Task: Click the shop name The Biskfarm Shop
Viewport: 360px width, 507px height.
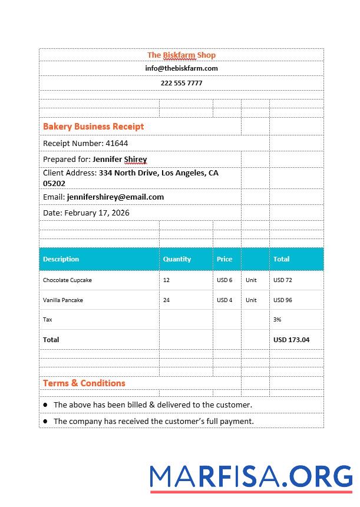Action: tap(181, 55)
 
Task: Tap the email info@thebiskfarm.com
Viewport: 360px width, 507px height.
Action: tap(181, 68)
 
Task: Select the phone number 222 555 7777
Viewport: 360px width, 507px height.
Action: tap(181, 83)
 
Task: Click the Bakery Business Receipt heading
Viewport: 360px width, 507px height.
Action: tap(93, 126)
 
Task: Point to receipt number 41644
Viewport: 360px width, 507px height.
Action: tap(117, 143)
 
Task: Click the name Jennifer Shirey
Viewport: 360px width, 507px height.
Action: tap(120, 159)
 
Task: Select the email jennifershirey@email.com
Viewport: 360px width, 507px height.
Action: tap(115, 197)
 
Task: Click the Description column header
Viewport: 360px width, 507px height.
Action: tap(61, 259)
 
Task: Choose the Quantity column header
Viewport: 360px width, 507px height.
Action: tap(177, 259)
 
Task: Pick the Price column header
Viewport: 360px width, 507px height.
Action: tap(224, 259)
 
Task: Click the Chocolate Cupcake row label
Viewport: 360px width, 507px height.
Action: tap(67, 280)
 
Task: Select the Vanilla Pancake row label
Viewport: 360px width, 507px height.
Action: tap(63, 300)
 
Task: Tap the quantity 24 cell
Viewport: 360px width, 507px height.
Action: tap(167, 300)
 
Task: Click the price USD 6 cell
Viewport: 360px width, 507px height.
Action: tap(224, 280)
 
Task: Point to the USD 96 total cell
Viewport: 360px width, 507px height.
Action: tap(283, 300)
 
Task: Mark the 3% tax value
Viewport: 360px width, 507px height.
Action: tap(277, 320)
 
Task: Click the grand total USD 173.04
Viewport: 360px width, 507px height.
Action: tap(291, 340)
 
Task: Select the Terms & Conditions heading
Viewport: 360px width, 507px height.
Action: tap(84, 383)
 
